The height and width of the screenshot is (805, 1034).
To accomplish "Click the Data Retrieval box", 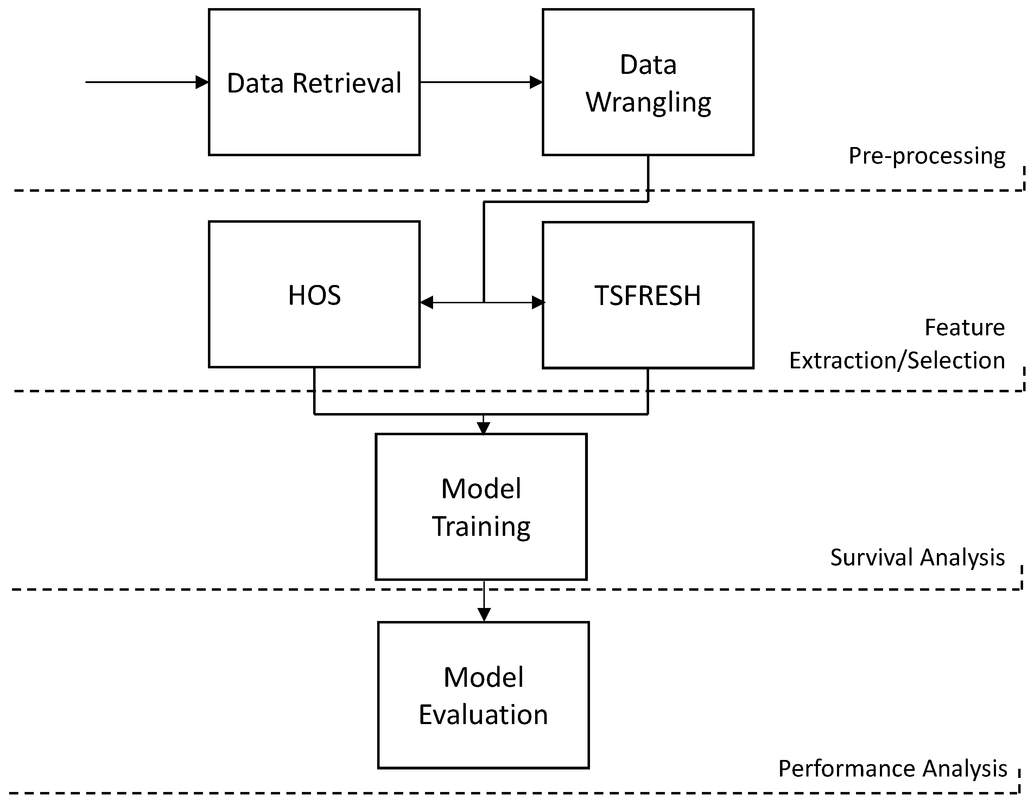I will click(314, 82).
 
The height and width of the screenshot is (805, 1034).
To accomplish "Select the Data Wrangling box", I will click(648, 82).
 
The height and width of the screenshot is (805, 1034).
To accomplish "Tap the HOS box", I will click(314, 294).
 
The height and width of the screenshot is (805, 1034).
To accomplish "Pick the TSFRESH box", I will click(648, 294).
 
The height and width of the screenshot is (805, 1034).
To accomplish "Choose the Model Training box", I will click(481, 507).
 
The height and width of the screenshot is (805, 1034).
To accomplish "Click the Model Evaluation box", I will click(483, 695).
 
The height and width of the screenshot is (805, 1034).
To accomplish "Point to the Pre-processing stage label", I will click(927, 156).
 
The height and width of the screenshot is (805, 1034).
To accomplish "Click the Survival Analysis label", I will click(917, 557).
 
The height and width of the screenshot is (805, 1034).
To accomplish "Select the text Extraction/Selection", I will click(897, 360).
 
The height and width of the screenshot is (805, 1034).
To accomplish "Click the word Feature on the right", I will click(964, 327).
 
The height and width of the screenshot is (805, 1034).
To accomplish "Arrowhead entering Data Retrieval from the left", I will click(203, 82).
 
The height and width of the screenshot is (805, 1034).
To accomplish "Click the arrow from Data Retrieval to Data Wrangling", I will click(481, 82).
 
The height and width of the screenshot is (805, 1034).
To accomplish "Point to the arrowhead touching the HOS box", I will click(426, 302).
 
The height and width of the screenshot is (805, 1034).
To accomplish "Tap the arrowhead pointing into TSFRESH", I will click(538, 302).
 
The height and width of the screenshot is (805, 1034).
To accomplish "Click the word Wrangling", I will click(648, 102).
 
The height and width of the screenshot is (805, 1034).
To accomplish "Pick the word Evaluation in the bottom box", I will click(483, 715).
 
